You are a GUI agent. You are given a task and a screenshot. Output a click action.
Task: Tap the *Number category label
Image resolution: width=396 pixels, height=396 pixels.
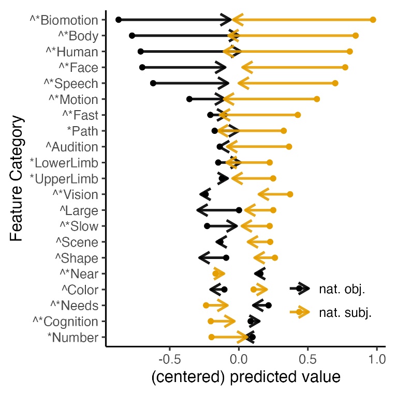(x=72, y=338)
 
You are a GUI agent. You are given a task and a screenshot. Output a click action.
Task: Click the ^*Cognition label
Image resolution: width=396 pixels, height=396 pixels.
(x=65, y=322)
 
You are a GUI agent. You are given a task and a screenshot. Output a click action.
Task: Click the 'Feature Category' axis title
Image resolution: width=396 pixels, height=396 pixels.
(x=17, y=178)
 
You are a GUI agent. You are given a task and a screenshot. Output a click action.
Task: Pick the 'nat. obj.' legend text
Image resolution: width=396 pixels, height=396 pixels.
(x=342, y=290)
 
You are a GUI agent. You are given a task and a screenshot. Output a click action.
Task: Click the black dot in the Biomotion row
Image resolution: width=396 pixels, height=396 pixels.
(x=119, y=20)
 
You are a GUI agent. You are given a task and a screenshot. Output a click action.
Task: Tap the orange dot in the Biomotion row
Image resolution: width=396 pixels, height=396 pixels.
(x=373, y=20)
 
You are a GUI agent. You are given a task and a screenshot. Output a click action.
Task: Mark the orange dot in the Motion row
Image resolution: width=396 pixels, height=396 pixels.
(x=317, y=99)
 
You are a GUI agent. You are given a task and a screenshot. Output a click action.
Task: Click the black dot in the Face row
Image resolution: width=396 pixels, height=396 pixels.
(x=142, y=67)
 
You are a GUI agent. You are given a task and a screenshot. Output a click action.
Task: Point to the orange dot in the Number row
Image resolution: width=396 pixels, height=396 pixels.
(x=211, y=337)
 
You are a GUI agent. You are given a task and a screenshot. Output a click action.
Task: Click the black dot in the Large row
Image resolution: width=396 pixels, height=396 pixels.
(x=239, y=210)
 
